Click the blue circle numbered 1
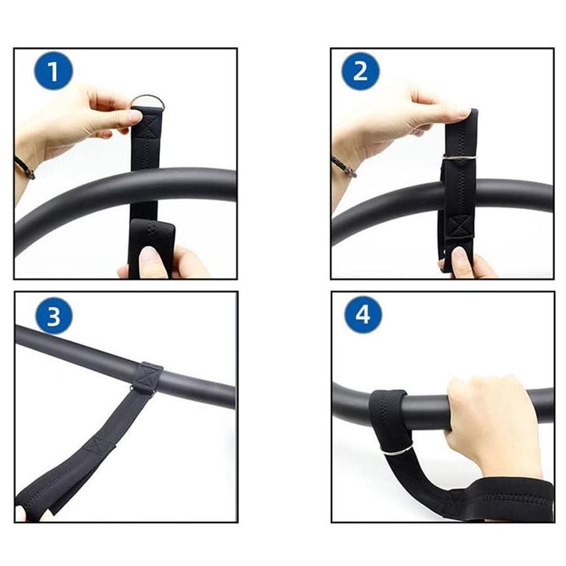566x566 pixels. tap(53, 70)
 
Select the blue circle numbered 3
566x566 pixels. tap(54, 316)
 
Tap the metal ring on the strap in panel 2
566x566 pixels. tap(460, 157)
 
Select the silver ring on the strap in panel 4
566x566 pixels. tap(397, 450)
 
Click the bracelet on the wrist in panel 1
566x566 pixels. tap(25, 167)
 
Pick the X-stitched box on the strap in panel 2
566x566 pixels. tap(460, 226)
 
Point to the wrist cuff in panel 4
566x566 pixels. tap(506, 500)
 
